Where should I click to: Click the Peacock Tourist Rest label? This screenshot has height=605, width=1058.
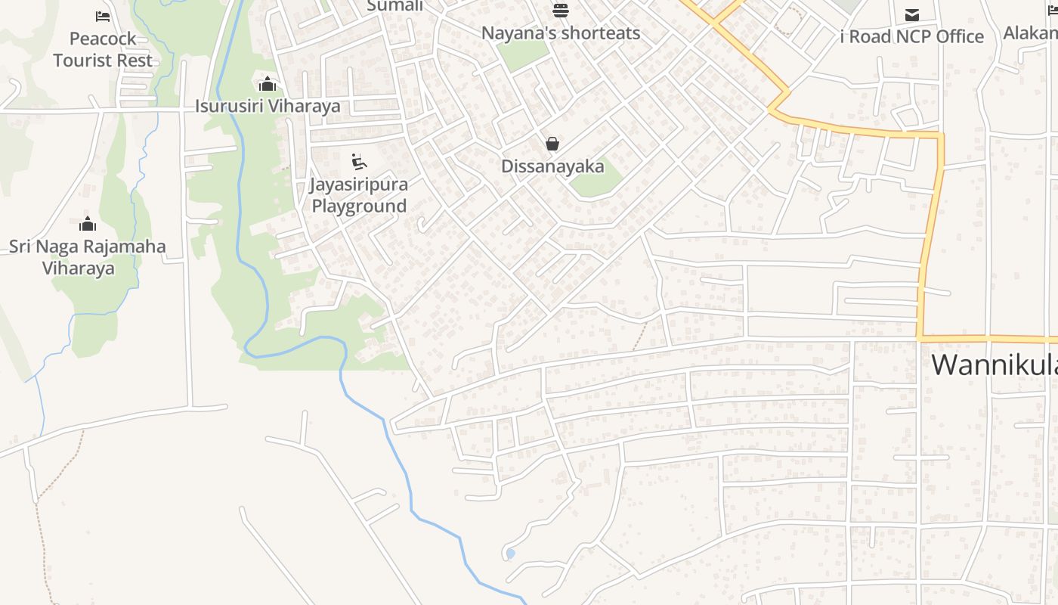[x=103, y=49]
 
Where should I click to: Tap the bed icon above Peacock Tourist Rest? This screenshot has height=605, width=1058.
[x=103, y=16]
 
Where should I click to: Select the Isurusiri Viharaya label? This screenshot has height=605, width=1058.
[x=268, y=106]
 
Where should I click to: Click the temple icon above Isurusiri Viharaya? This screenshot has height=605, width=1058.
[x=267, y=84]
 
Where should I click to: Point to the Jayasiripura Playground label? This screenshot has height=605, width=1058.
[x=359, y=195]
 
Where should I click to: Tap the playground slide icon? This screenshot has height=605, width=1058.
[x=359, y=161]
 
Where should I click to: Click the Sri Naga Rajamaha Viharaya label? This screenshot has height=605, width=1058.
[x=87, y=257]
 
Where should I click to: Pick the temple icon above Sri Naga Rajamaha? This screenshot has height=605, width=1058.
[x=88, y=224]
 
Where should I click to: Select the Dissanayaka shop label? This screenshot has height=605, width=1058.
[x=552, y=166]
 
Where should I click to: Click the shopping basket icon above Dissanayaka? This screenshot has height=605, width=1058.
[x=552, y=144]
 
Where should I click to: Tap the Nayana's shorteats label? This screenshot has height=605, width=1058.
[x=560, y=33]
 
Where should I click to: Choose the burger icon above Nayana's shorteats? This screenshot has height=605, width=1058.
[x=560, y=11]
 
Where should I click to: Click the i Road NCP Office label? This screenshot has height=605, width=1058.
[x=912, y=36]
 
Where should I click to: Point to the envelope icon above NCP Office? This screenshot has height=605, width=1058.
[x=912, y=14]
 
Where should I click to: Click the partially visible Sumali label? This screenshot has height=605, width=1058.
[x=394, y=6]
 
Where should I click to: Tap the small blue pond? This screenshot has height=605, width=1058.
[x=510, y=554]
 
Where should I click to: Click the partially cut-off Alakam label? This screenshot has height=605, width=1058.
[x=1030, y=33]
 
